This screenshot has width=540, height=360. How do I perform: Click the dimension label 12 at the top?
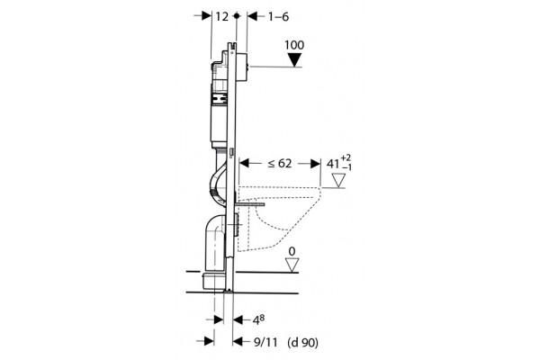coord(222,16)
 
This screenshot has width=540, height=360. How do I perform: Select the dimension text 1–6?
coord(279,16)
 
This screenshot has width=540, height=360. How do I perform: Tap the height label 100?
coord(294,45)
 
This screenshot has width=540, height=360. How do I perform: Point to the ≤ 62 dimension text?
coord(280,163)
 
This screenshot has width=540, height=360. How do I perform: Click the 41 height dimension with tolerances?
coord(339,163)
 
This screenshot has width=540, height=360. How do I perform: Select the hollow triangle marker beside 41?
coord(338,181)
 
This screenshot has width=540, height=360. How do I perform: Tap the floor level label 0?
coord(292,251)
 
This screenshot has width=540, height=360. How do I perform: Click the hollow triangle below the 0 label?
coord(292,265)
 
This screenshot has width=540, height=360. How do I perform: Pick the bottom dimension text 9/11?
coord(265,342)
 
